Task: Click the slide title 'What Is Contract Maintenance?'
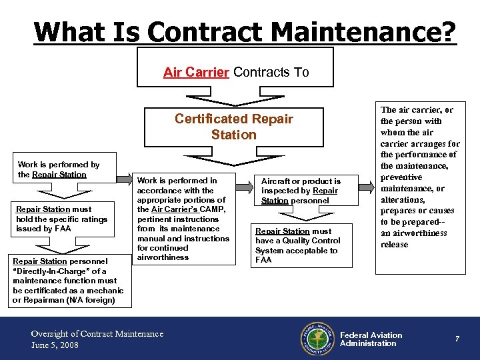pos(245,31)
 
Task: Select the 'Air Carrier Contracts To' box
pos(235,72)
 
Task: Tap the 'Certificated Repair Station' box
pos(233,127)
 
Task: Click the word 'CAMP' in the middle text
pos(213,209)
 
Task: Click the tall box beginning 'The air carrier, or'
pos(420,188)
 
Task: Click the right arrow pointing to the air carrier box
pos(365,179)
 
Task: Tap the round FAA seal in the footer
pos(317,339)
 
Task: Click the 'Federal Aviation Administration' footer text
pos(371,339)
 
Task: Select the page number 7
pos(457,339)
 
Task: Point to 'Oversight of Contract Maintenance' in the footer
pos(97,333)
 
